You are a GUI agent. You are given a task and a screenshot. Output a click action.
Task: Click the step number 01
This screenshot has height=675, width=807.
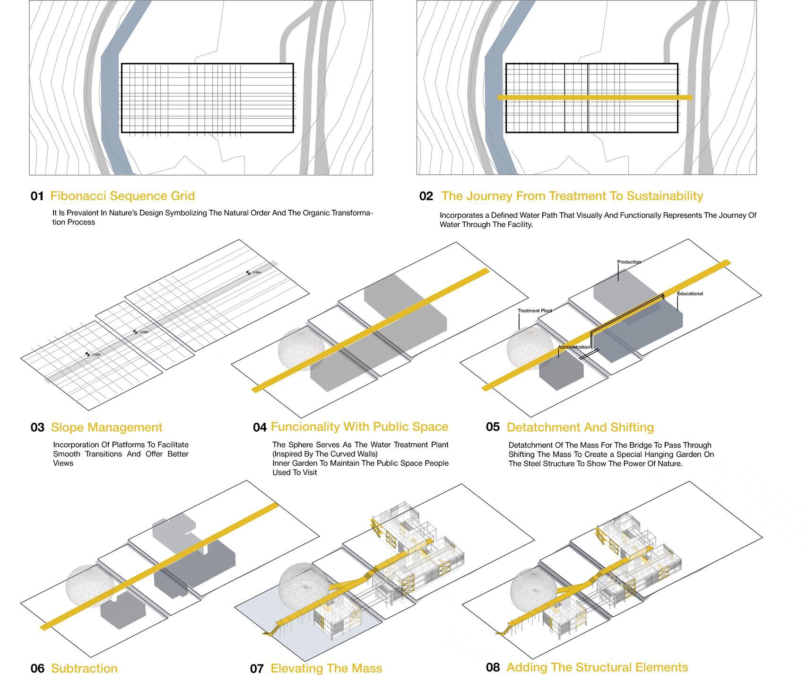[x=37, y=196]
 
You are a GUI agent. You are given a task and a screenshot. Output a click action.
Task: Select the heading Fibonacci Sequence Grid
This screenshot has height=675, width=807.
[x=122, y=196]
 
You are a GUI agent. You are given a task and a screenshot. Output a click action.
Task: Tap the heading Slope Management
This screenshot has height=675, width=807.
[x=106, y=427]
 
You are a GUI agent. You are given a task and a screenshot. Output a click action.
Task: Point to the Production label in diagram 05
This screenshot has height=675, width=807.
[x=629, y=262]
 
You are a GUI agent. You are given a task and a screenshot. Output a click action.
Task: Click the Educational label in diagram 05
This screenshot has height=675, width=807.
[x=690, y=293]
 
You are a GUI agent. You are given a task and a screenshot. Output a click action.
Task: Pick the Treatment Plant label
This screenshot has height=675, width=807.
[x=535, y=311]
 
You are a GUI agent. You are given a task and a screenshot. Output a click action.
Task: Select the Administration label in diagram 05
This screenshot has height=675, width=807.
[x=574, y=347]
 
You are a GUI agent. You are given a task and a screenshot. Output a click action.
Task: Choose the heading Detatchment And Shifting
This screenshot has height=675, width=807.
[x=580, y=427]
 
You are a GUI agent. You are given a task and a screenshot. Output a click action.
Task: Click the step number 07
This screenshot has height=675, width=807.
[x=257, y=668]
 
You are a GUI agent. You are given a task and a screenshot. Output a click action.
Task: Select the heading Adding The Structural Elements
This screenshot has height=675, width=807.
[x=597, y=667]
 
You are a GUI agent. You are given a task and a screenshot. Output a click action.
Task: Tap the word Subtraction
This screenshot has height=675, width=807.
[x=84, y=668]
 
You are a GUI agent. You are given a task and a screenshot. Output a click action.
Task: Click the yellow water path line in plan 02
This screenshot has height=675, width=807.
[x=595, y=98]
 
